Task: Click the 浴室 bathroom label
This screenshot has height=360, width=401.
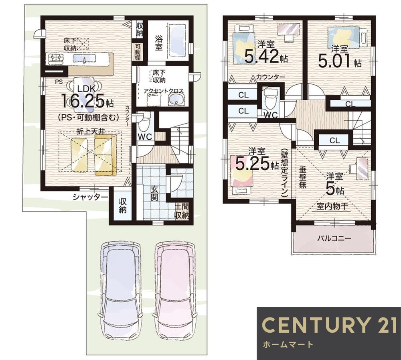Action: tap(158, 43)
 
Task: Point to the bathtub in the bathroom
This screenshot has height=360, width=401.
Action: tap(178, 41)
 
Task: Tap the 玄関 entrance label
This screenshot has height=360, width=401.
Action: tap(154, 193)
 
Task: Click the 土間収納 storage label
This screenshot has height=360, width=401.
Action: tap(182, 211)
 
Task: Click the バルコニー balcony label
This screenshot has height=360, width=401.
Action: tap(334, 238)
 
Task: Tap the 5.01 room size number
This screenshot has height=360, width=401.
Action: tap(335, 61)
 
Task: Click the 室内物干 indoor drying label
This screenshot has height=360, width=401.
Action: tap(332, 206)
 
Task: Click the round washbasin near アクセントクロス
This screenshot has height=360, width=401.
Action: tap(176, 100)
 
